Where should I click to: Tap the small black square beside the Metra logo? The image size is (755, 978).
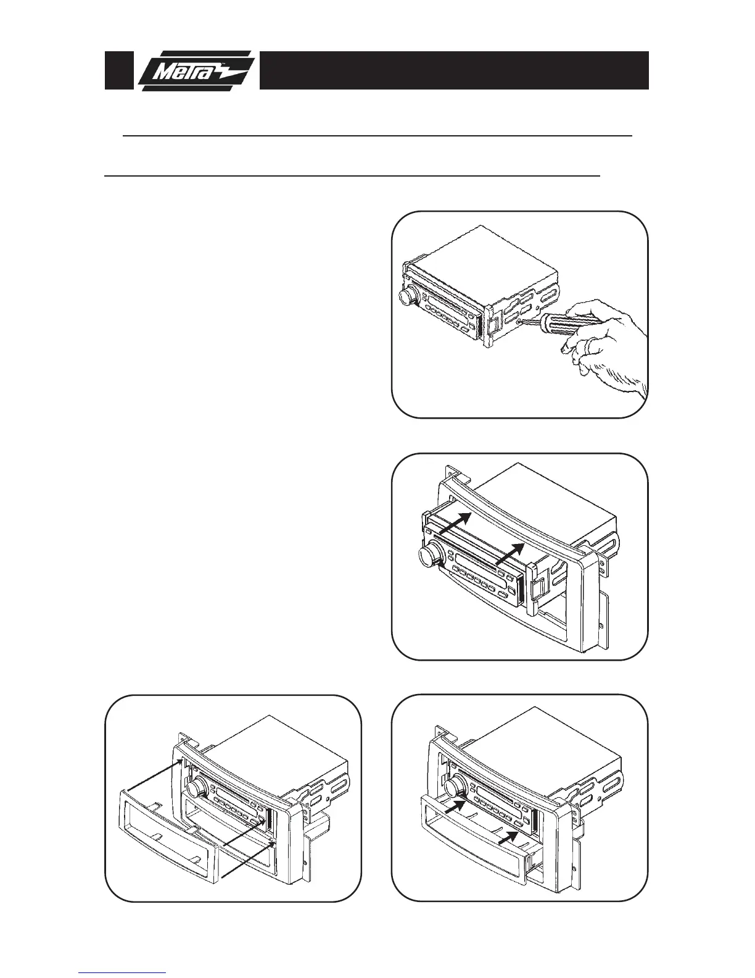tap(118, 70)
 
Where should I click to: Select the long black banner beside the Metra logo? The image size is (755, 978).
tap(453, 70)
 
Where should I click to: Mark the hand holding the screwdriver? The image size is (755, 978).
tap(608, 346)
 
